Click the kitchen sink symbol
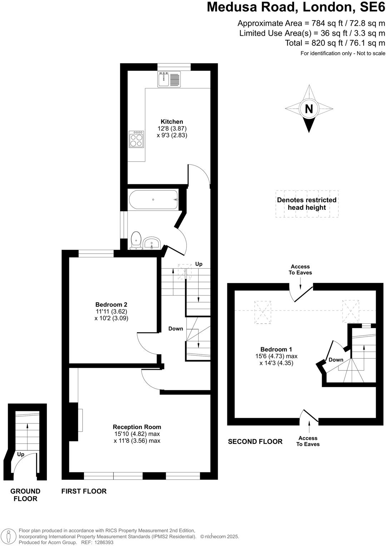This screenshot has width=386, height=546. point(169,79)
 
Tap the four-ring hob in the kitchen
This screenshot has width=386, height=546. point(137,139)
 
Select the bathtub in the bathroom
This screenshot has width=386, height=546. point(153,200)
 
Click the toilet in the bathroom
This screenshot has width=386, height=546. point(136,240)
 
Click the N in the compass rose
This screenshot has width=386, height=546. point(309,109)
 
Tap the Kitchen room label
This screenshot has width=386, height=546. point(172,122)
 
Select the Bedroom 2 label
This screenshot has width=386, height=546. point(111,305)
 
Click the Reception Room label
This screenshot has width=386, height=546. point(137,427)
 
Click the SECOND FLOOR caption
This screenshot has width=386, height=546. point(255,442)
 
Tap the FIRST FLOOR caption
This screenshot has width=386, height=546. point(84,491)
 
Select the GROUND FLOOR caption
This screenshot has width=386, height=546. point(25,495)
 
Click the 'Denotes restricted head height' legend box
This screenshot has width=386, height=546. point(307,204)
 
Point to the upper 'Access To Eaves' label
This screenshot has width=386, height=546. point(300,270)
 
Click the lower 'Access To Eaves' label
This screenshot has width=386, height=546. point(308,441)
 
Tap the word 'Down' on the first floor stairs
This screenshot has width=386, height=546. point(175,329)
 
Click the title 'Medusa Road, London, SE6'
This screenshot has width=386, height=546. point(296,7)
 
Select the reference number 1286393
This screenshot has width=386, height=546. point(103,542)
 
